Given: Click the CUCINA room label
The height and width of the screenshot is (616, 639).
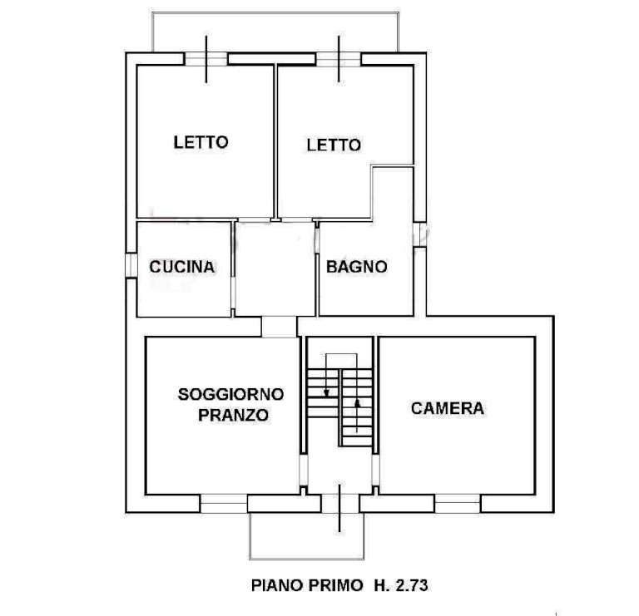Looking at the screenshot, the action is [x=181, y=267].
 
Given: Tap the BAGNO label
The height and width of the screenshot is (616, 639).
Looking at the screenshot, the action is [x=357, y=267].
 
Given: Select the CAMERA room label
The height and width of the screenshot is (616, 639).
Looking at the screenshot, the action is [x=448, y=408].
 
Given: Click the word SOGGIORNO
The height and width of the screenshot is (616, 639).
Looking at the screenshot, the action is [x=230, y=394].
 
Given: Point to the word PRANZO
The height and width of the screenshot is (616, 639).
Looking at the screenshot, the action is [x=233, y=415].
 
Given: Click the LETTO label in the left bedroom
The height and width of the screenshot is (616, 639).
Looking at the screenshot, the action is [x=201, y=142].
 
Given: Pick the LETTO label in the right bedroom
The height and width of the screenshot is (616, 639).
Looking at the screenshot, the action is [x=334, y=145].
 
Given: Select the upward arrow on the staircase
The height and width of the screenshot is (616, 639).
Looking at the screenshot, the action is [x=358, y=416].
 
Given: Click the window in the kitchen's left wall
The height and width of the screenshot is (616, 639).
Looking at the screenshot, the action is [x=131, y=265].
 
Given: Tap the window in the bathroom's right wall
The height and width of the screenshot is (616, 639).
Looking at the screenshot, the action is [x=419, y=234].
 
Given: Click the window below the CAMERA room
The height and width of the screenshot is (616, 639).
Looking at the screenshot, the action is [x=458, y=504].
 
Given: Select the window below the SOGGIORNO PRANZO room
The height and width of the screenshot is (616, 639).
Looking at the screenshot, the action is [x=224, y=504].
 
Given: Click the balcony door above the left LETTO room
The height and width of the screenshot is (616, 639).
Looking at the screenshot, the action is [x=206, y=60].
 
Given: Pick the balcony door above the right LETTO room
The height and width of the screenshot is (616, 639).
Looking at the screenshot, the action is [x=339, y=60].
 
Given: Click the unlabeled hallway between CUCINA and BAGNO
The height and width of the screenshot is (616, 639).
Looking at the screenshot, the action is [x=275, y=269].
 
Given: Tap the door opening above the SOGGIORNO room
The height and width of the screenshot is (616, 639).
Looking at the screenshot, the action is [x=279, y=327].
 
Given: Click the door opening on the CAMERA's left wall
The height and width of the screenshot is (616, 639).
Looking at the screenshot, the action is [x=376, y=470].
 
